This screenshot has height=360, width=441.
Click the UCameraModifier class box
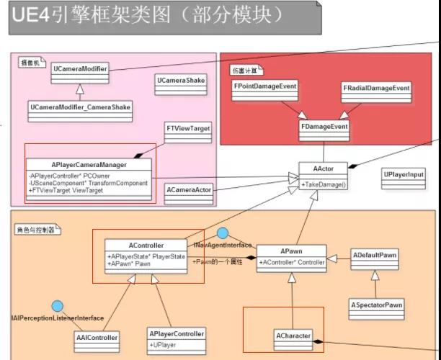[x=80, y=70]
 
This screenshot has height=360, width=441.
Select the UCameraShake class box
[x=180, y=80]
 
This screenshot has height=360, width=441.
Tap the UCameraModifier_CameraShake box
[x=80, y=107]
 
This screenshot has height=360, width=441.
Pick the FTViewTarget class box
[x=188, y=128]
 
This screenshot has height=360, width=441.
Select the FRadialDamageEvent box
[x=376, y=88]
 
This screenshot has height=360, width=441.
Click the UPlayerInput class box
[x=404, y=175]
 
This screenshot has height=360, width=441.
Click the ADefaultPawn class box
[x=374, y=256]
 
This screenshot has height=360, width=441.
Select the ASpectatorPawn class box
[x=376, y=305]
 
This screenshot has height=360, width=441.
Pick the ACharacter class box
[x=293, y=336]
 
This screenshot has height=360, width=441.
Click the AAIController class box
[x=96, y=337]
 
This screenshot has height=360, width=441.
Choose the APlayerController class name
[x=177, y=333]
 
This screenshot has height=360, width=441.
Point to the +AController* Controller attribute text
[x=291, y=262]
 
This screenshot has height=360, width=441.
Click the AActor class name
[x=323, y=169]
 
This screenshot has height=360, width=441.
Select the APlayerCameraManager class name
[x=89, y=163]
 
